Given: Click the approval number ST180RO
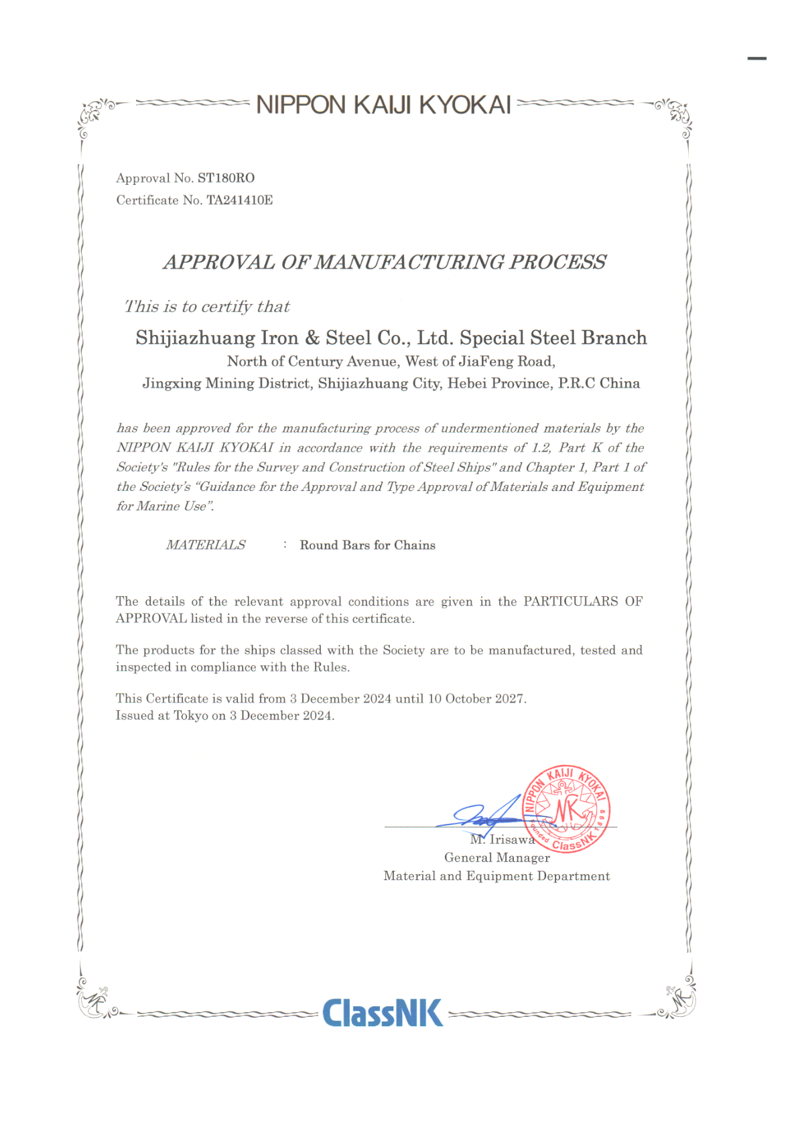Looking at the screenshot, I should pyautogui.click(x=226, y=178).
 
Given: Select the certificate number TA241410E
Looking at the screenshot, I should pyautogui.click(x=239, y=200).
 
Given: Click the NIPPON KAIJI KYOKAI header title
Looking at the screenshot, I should pyautogui.click(x=383, y=105).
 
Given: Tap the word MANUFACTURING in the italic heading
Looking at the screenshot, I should pyautogui.click(x=409, y=262).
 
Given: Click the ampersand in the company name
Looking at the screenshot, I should pyautogui.click(x=312, y=338).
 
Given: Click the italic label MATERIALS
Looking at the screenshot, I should pyautogui.click(x=206, y=545).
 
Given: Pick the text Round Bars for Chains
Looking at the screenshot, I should pyautogui.click(x=367, y=545).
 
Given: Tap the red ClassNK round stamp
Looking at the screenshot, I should pyautogui.click(x=566, y=808).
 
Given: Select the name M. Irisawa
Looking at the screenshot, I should pyautogui.click(x=502, y=840).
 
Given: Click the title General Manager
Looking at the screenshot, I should pyautogui.click(x=496, y=858).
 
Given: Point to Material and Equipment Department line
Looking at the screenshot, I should pyautogui.click(x=496, y=876).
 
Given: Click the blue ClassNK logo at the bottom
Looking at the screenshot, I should pyautogui.click(x=382, y=1013).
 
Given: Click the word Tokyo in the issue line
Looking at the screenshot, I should pyautogui.click(x=191, y=716).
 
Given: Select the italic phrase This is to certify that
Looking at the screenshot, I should pyautogui.click(x=207, y=307).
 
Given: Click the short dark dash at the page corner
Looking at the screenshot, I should pyautogui.click(x=756, y=59).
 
